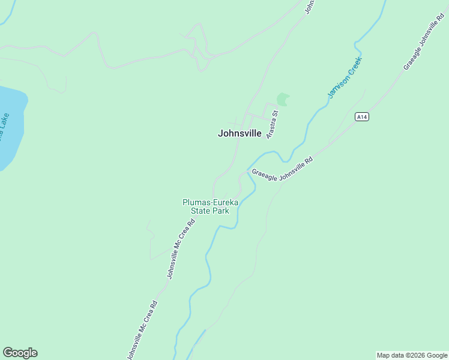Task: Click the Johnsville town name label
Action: coord(240,134)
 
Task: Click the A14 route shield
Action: coord(361,117)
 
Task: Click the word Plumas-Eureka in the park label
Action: coord(210,203)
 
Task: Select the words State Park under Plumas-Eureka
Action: coord(210,211)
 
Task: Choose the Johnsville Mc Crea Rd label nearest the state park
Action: coord(181,248)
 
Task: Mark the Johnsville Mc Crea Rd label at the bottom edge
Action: coord(143,330)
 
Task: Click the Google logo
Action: coord(20,353)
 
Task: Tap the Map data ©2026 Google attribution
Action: coord(412,355)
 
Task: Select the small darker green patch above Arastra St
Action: coord(282,99)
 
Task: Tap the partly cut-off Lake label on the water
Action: coord(4,125)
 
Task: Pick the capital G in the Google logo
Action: coord(7,353)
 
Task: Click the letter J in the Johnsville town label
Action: coord(220,134)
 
